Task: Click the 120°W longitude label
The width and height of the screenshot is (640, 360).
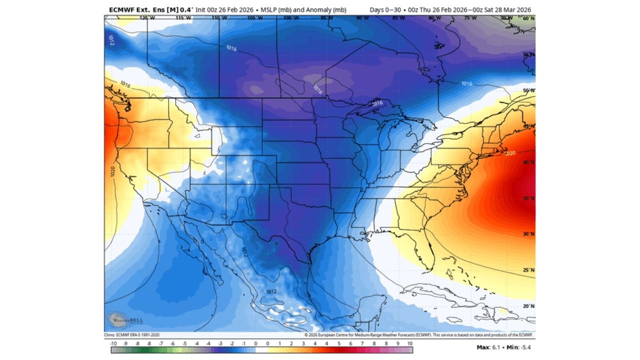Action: tap(146, 18)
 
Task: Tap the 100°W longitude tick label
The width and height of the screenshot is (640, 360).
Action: tap(289, 18)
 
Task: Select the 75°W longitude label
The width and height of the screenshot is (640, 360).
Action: tap(470, 18)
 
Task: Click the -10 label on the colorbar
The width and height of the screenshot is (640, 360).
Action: tap(113, 344)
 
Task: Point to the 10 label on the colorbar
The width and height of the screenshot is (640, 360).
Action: tap(410, 344)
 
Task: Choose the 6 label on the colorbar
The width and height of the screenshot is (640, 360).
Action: tap(351, 344)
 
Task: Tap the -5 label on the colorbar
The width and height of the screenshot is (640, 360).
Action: tap(184, 344)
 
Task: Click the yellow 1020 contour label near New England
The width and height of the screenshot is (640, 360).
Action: tap(509, 153)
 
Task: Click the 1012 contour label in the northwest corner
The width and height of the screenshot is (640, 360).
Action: tap(110, 40)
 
